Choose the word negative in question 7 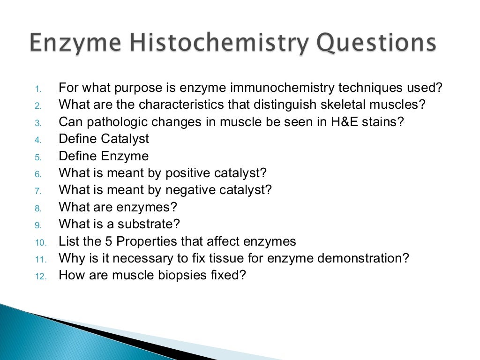click(x=187, y=190)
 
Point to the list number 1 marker click(x=39, y=89)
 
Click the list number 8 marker click(x=39, y=208)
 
